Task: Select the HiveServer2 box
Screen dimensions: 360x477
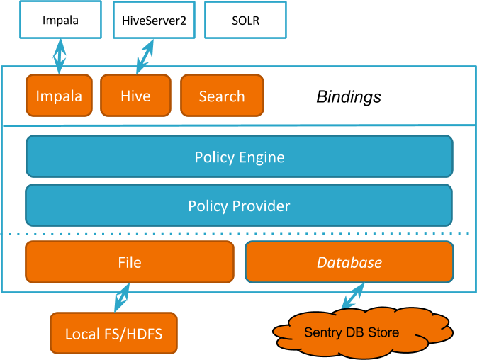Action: (153, 20)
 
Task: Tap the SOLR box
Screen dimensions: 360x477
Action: (245, 20)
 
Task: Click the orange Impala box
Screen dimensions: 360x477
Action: (59, 96)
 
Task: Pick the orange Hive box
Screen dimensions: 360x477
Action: (135, 96)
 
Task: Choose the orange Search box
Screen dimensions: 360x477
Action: (222, 96)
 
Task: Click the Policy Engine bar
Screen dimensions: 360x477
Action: (240, 157)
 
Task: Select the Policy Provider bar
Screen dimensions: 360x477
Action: (240, 206)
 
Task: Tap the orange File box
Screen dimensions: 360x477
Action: (130, 262)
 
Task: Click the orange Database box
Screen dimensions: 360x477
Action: (349, 262)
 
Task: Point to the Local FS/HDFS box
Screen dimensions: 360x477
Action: (113, 333)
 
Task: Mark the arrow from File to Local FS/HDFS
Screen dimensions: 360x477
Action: (123, 298)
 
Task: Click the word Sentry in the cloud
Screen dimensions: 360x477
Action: (322, 332)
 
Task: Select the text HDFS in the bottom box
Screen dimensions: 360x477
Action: (144, 333)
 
